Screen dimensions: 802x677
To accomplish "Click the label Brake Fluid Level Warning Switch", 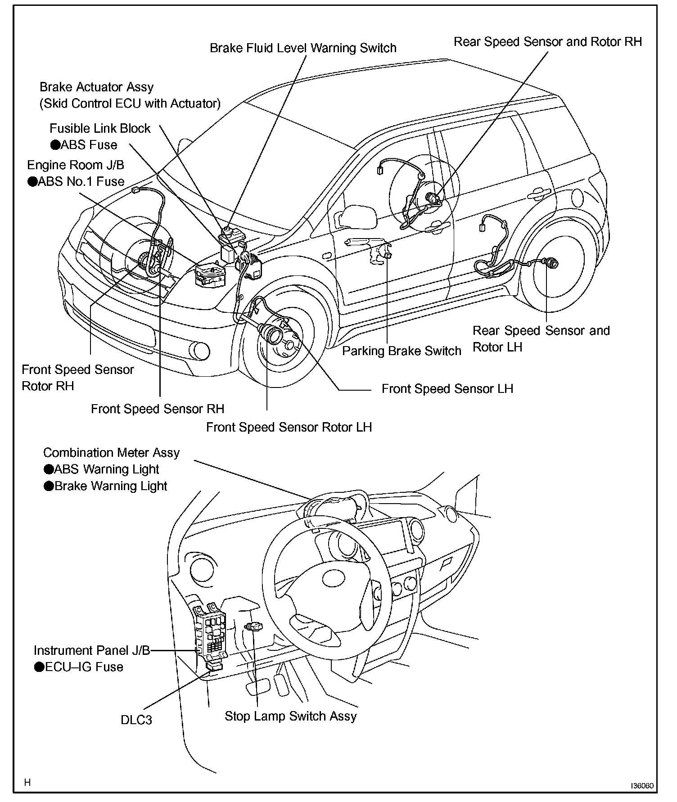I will (x=303, y=48).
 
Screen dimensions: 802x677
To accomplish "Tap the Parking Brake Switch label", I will (x=402, y=351).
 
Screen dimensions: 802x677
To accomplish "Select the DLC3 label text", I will (x=136, y=733).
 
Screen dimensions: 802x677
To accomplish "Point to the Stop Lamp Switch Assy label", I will (x=291, y=716).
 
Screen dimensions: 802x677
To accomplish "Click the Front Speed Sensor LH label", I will (x=447, y=389).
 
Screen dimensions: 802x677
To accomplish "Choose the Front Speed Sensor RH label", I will (x=158, y=409).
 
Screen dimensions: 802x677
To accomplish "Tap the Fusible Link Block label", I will (x=100, y=128).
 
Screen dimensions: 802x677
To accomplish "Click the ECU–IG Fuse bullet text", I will (x=84, y=667).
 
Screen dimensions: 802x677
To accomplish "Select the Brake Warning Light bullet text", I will (x=110, y=486).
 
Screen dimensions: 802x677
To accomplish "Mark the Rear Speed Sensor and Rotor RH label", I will (x=547, y=42).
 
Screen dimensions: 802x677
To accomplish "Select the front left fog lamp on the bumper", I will (x=199, y=351).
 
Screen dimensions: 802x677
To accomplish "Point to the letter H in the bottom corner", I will (x=27, y=782).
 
